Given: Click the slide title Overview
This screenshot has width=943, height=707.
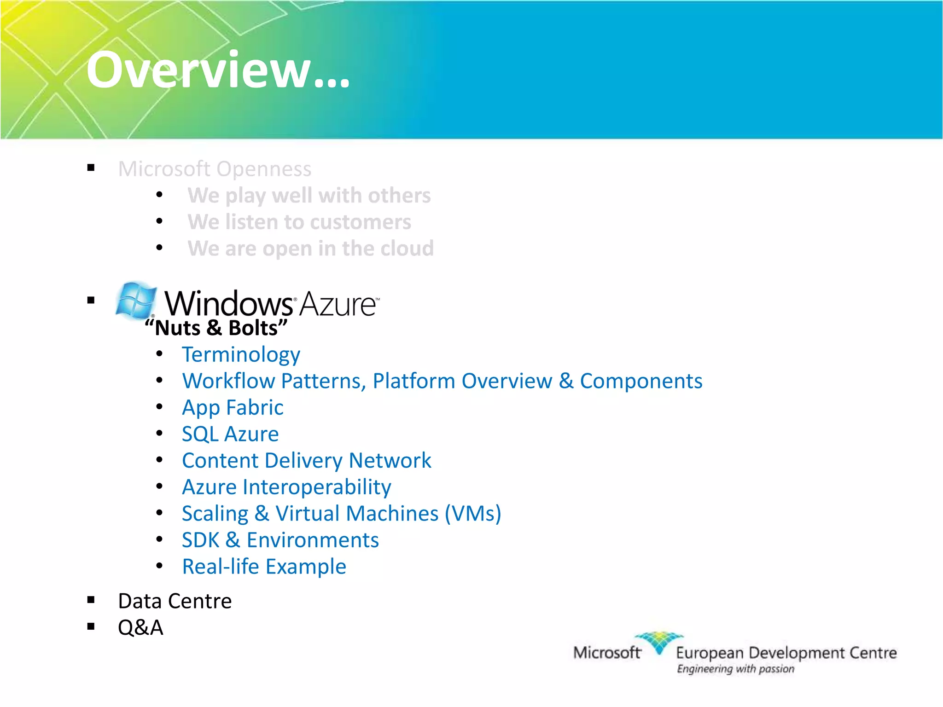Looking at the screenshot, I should pyautogui.click(x=217, y=70).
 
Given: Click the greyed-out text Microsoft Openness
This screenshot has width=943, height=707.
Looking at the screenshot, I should pyautogui.click(x=215, y=169).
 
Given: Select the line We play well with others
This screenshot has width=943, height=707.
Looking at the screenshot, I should pyautogui.click(x=309, y=196).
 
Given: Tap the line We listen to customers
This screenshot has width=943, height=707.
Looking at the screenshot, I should pyautogui.click(x=299, y=222).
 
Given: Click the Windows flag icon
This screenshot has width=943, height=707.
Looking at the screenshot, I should pyautogui.click(x=135, y=301).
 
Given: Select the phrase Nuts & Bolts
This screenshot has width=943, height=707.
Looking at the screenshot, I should pyautogui.click(x=216, y=328).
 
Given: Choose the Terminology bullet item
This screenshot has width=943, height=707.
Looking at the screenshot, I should pyautogui.click(x=241, y=355).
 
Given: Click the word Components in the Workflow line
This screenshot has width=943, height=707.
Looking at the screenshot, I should pyautogui.click(x=640, y=381).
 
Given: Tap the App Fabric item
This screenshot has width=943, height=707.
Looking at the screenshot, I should pyautogui.click(x=233, y=408).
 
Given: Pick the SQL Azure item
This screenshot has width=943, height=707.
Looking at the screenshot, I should pyautogui.click(x=230, y=434).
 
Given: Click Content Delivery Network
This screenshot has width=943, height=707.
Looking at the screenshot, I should pyautogui.click(x=306, y=461).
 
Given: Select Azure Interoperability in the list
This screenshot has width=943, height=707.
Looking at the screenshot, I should pyautogui.click(x=286, y=487).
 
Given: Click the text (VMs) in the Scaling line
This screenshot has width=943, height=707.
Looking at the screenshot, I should pyautogui.click(x=472, y=514).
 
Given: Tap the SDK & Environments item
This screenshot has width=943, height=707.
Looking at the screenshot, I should pyautogui.click(x=280, y=540).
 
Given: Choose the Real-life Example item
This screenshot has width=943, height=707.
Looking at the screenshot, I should pyautogui.click(x=264, y=567).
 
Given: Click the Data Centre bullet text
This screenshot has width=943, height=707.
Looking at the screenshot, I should pyautogui.click(x=175, y=601).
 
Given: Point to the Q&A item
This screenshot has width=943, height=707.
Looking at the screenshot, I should pyautogui.click(x=140, y=628).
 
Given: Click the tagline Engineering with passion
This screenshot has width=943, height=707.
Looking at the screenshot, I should pyautogui.click(x=735, y=669).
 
